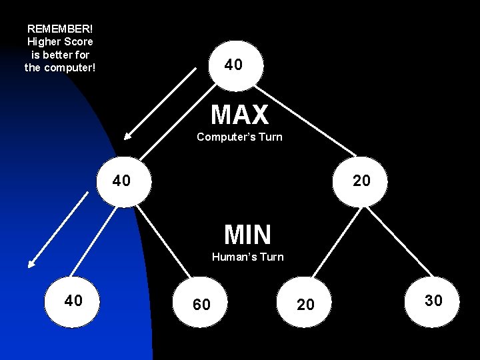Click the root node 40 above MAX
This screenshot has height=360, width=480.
(234, 65)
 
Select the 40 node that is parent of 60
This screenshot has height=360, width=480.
(122, 181)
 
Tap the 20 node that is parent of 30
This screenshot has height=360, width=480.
(361, 181)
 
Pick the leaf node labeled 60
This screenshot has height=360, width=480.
(201, 305)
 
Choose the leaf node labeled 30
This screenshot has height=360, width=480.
(433, 301)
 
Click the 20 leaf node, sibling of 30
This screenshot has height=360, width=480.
(305, 305)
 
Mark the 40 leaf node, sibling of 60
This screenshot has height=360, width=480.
(73, 301)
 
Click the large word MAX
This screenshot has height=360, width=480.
(239, 115)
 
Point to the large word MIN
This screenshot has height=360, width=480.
(247, 235)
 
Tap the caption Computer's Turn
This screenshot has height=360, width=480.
(239, 137)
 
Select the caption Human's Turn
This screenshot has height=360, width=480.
(247, 257)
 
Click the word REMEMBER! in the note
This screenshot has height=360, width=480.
(60, 29)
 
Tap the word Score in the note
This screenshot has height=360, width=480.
(79, 42)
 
